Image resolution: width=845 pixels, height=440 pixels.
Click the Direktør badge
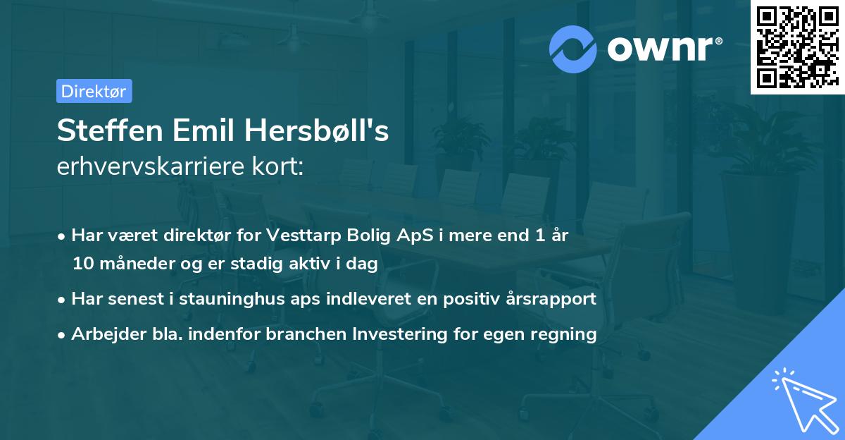click(94, 91)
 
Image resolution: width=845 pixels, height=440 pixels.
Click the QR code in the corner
click(797, 47)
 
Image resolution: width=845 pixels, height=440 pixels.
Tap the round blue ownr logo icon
click(573, 49)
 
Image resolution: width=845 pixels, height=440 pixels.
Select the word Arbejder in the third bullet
click(101, 334)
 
